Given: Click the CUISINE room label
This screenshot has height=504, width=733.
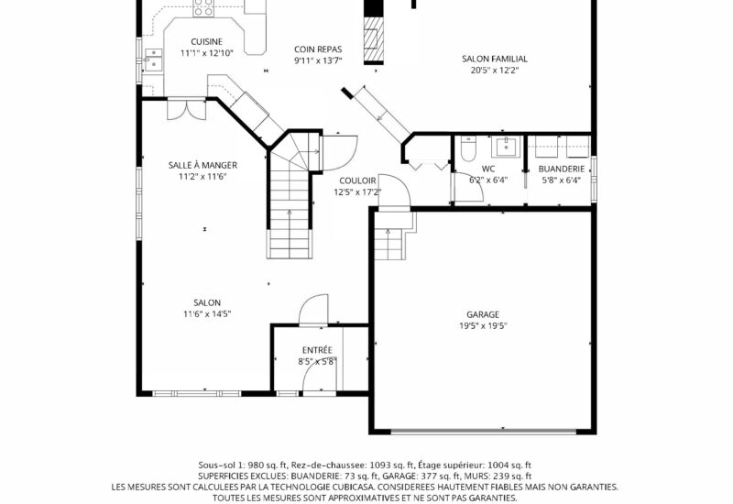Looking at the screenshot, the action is [x=207, y=41].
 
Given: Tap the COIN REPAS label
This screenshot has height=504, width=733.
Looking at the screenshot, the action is [x=318, y=49].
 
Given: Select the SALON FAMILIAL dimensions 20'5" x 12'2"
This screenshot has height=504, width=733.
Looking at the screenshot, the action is [x=495, y=71].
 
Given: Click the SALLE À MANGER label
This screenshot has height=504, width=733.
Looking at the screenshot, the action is [x=202, y=165].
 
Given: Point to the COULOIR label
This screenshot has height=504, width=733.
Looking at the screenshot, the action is [x=357, y=181].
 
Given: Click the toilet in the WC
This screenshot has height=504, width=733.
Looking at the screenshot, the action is [x=468, y=148].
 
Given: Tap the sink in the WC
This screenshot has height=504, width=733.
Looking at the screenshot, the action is [x=506, y=147].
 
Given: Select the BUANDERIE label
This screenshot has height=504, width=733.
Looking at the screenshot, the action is [x=562, y=169].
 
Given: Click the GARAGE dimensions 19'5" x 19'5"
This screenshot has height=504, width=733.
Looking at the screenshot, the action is [x=483, y=326].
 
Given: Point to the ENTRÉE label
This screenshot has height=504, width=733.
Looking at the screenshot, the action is [x=317, y=350].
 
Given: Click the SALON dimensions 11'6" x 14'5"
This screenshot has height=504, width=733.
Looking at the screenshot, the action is [x=207, y=313].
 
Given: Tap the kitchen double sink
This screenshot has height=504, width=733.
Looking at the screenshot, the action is [x=153, y=60].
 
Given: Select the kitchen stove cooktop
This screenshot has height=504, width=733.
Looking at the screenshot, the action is [x=203, y=8].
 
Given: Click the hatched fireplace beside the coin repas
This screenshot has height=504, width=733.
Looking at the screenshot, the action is [x=374, y=39].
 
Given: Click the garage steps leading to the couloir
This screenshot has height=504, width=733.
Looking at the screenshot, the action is [x=388, y=243].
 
